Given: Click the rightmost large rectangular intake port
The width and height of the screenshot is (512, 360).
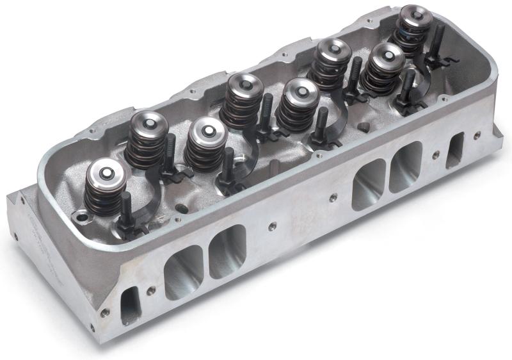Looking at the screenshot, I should [x=406, y=165].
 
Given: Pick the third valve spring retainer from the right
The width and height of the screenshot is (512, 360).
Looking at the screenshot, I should [x=331, y=51].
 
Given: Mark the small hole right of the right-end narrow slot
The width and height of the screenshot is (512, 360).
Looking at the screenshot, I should [x=477, y=135].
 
